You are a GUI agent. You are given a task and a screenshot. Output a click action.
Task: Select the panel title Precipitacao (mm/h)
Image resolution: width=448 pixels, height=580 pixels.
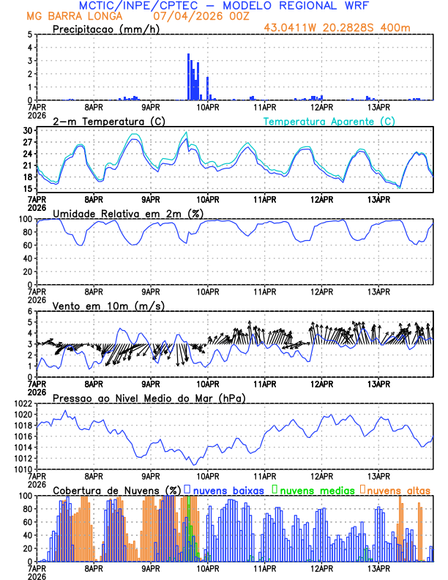[107, 29]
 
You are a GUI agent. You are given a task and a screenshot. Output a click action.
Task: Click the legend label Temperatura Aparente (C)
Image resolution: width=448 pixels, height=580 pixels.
[329, 121]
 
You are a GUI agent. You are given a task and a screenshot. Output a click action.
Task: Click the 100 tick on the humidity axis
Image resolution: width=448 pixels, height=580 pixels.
[24, 219]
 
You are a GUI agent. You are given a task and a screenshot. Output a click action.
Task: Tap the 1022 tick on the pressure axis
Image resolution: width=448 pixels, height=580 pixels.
[21, 404]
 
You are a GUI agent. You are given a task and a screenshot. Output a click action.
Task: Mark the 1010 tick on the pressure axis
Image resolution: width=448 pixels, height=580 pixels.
[21, 469]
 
